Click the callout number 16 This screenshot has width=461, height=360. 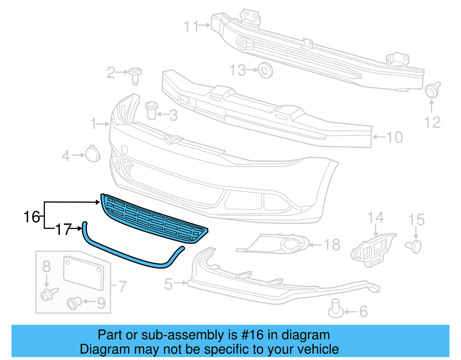click(x=31, y=217)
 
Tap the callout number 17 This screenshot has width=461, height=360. click(x=63, y=229)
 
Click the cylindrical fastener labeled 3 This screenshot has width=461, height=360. click(x=151, y=110)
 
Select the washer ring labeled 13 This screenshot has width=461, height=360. click(x=265, y=70)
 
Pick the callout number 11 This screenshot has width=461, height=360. click(x=191, y=26)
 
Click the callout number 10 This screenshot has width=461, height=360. click(x=394, y=137)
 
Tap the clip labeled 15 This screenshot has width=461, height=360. click(x=414, y=246)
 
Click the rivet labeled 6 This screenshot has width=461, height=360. click(x=336, y=309)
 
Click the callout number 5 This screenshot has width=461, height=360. click(x=168, y=284)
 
